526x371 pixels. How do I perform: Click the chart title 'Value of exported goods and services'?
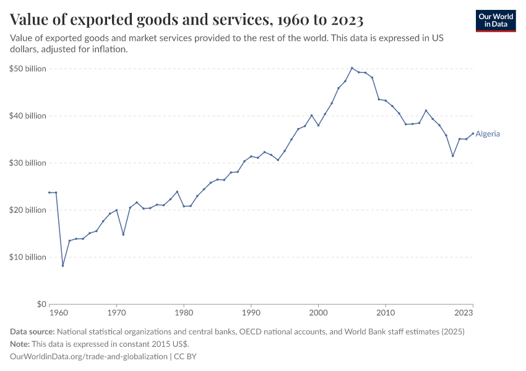(x=186, y=20)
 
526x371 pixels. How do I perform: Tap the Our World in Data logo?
(x=496, y=20)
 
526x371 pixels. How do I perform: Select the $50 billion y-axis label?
(x=28, y=69)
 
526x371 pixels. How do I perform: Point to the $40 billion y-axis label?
(x=28, y=116)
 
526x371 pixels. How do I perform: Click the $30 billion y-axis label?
(x=28, y=163)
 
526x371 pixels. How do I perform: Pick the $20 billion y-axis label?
(x=28, y=210)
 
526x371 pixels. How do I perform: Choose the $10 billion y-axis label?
(x=28, y=257)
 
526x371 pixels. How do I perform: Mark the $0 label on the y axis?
(x=41, y=304)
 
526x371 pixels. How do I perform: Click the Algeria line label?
(x=488, y=134)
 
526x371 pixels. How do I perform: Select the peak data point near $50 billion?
(x=351, y=68)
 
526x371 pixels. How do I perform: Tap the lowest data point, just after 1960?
(x=63, y=266)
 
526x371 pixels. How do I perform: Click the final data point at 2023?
(x=473, y=134)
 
